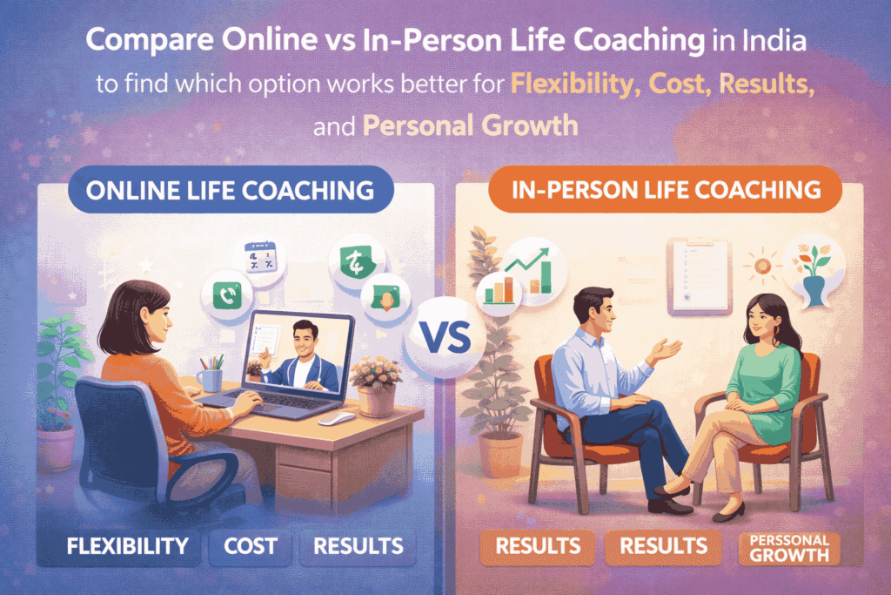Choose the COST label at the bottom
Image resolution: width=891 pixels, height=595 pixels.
[x=251, y=546]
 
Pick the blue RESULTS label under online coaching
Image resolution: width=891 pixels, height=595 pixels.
[x=358, y=546]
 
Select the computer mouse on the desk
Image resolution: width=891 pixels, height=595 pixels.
[x=337, y=418]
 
